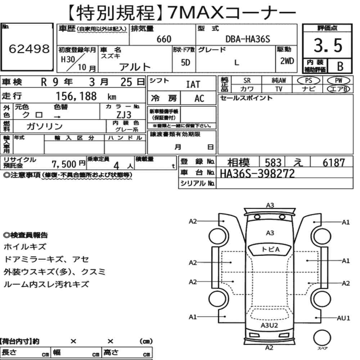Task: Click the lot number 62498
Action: point(29,49)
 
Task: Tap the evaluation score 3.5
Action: point(328,45)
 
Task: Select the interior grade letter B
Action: point(340,66)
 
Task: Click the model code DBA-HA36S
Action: point(248,39)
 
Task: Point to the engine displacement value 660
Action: point(164,39)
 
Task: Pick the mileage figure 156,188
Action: point(76,96)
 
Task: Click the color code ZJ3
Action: point(124,114)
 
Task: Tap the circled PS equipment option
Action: point(309,81)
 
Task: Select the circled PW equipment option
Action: point(338,81)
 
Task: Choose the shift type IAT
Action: point(193,84)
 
